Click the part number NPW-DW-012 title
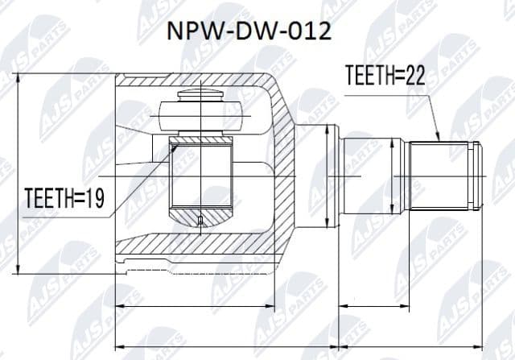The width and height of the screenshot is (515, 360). tap(248, 33)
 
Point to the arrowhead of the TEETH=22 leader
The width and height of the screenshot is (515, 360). tap(438, 139)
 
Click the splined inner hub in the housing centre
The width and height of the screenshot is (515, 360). tap(201, 179)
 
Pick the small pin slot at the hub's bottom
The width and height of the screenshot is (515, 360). tap(200, 220)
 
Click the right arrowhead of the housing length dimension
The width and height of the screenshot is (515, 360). tap(276, 306)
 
